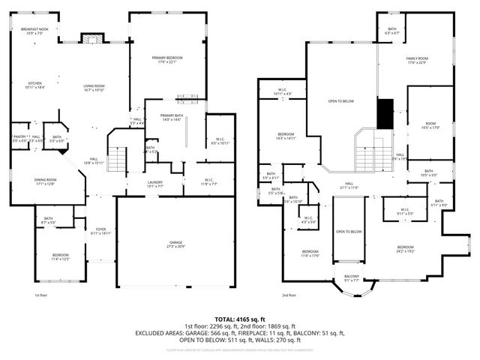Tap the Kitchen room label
(35, 85)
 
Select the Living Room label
(94, 87)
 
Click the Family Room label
(417, 60)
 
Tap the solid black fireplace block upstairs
(385, 114)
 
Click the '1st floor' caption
(42, 295)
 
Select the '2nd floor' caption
(289, 295)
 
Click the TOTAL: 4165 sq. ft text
(239, 319)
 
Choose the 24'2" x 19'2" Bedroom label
(405, 249)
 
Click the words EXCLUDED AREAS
(159, 332)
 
